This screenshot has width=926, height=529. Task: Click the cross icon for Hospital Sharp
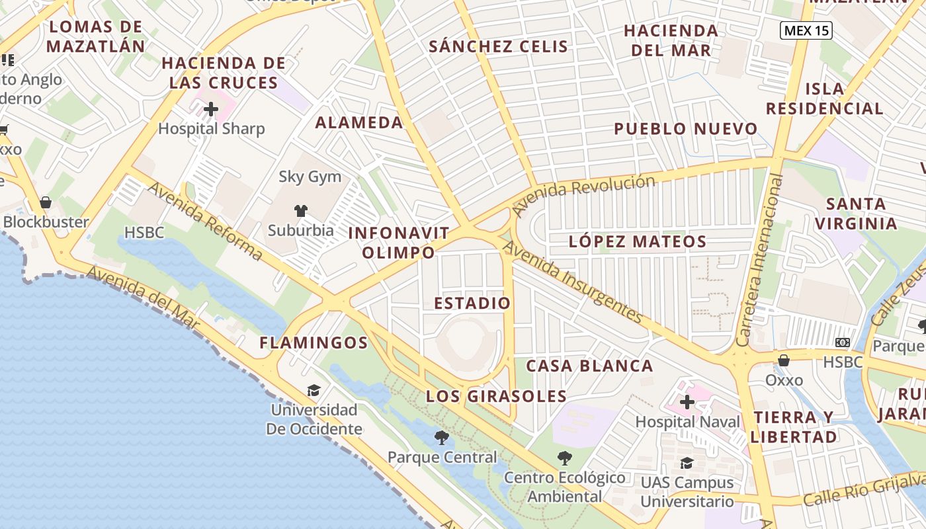point(211,109)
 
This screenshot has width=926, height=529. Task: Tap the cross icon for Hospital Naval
point(687,401)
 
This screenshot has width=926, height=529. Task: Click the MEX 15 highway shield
point(805,30)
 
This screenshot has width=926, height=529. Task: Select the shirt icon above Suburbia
point(301,211)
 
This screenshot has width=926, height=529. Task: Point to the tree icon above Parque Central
point(441,437)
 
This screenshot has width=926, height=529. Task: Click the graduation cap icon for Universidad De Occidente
point(314,390)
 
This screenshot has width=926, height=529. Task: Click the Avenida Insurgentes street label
point(573,282)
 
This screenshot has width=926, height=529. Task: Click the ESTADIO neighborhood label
point(472,304)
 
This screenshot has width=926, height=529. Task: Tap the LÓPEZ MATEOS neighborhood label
point(638,242)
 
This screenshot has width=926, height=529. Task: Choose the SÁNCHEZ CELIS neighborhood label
point(498,46)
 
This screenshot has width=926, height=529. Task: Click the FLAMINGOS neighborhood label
point(313,343)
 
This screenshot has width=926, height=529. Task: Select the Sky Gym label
point(310,177)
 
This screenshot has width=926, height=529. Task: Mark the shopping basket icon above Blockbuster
point(46,202)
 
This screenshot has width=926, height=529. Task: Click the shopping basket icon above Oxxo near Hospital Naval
point(784,360)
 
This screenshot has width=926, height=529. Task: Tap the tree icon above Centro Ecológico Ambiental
point(564,458)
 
